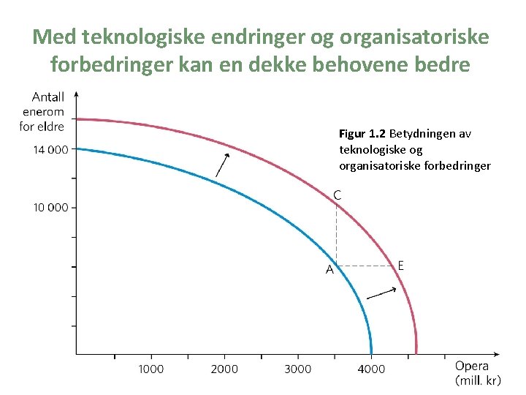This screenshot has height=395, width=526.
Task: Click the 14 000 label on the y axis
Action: click(50, 150)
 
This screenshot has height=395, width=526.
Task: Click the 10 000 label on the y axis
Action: click(50, 208)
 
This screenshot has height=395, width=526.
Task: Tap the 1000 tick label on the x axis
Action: click(151, 369)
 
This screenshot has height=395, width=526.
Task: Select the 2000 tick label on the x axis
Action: click(224, 369)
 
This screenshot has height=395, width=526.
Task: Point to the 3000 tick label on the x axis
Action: click(298, 369)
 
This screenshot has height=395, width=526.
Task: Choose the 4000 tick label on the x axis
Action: click(371, 369)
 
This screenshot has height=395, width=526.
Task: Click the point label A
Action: click(329, 270)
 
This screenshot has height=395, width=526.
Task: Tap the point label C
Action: click(338, 195)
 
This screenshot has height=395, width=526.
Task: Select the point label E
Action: click(401, 265)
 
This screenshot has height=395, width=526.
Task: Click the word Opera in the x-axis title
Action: click(472, 366)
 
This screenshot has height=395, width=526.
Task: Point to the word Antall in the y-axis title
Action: click(48, 97)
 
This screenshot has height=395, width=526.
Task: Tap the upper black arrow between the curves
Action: click(223, 165)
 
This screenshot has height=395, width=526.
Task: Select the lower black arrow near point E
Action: click(381, 293)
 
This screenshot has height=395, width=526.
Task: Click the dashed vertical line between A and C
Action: click(335, 234)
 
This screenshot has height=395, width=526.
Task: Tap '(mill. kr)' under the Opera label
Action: click(478, 381)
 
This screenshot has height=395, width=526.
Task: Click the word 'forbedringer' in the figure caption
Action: click(460, 166)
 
